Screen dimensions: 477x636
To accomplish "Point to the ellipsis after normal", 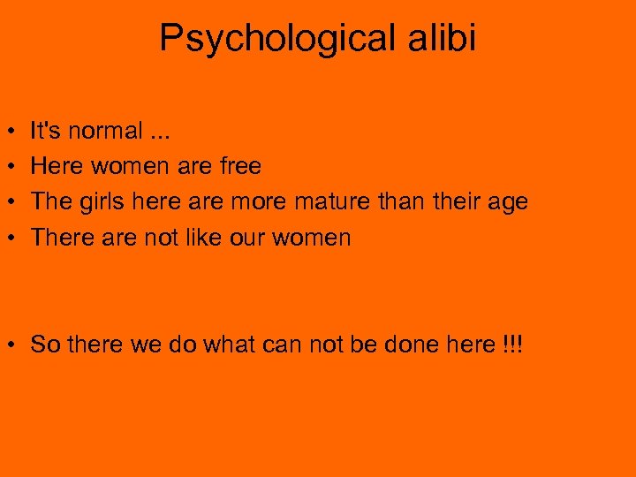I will coord(161,132).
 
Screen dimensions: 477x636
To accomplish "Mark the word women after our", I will coord(314,238).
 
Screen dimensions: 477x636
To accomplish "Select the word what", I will coord(229,344).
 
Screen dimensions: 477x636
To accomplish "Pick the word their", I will coord(450,202).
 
